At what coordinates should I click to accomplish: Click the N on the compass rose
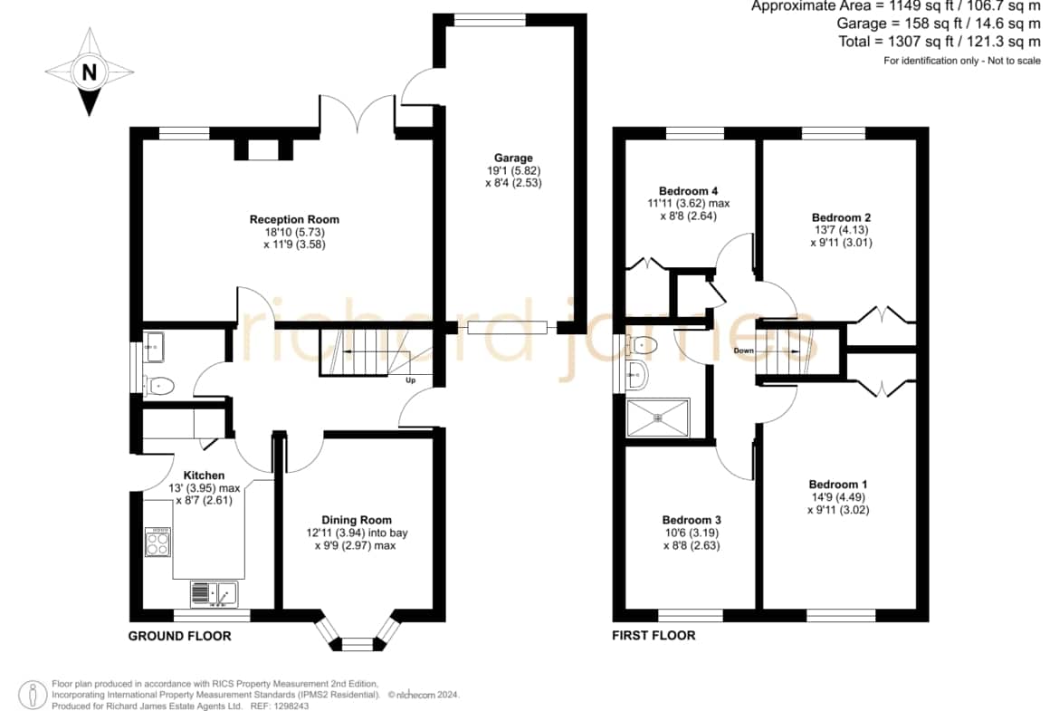[x=89, y=72]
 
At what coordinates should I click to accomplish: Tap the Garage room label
[x=513, y=159]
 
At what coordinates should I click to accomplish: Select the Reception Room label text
[x=294, y=220]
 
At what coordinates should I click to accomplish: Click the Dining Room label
[x=357, y=521]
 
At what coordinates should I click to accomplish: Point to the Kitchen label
[x=204, y=476]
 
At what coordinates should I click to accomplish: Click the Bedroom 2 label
[x=841, y=217]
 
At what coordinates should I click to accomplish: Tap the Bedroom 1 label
[x=838, y=485]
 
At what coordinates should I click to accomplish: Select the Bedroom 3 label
[x=692, y=521]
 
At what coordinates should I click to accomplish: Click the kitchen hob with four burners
[x=158, y=542]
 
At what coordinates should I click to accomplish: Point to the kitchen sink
[x=215, y=594]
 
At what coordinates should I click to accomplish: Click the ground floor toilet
[x=159, y=386]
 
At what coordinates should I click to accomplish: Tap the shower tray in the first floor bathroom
[x=658, y=418]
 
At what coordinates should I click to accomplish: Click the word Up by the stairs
[x=411, y=380]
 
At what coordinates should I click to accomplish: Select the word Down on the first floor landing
[x=744, y=351]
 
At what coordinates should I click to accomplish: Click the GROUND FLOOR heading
[x=179, y=636]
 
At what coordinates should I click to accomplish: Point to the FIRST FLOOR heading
[x=654, y=635]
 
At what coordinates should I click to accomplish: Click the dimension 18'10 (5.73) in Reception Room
[x=294, y=232]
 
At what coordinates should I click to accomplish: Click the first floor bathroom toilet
[x=642, y=345]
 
